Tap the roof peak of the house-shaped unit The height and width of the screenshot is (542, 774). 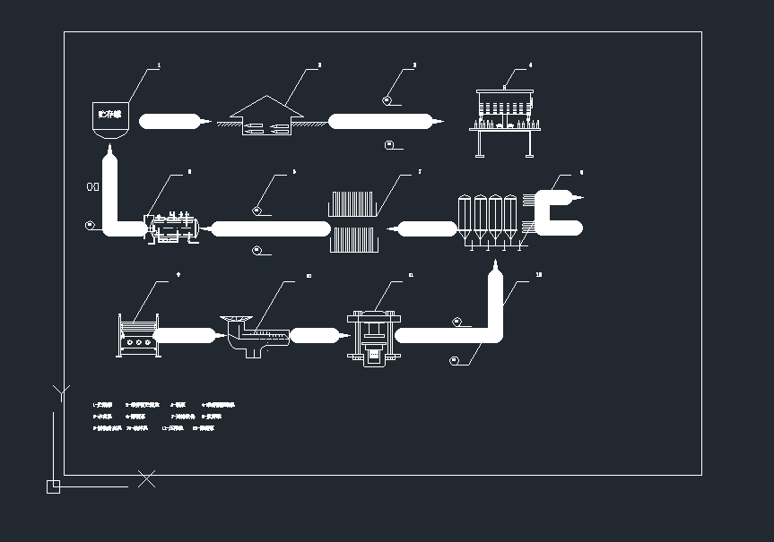tap(266, 96)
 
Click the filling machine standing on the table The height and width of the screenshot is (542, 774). tap(504, 107)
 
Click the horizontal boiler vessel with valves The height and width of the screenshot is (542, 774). tap(175, 228)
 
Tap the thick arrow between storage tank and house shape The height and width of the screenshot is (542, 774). tap(174, 121)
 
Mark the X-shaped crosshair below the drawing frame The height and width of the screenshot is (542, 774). tap(147, 479)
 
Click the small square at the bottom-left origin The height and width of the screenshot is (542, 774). tap(53, 486)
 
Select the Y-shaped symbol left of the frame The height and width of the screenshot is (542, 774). tap(60, 391)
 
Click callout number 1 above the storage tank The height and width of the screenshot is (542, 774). tap(159, 65)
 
